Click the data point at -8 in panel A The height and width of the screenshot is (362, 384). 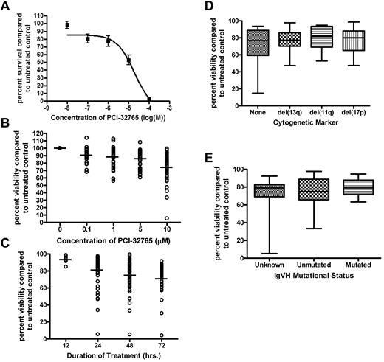66,24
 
